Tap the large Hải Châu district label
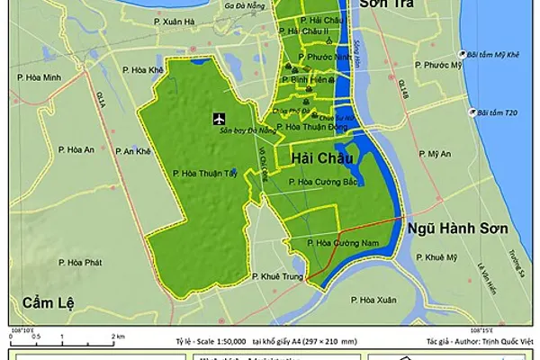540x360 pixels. [320, 158]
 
